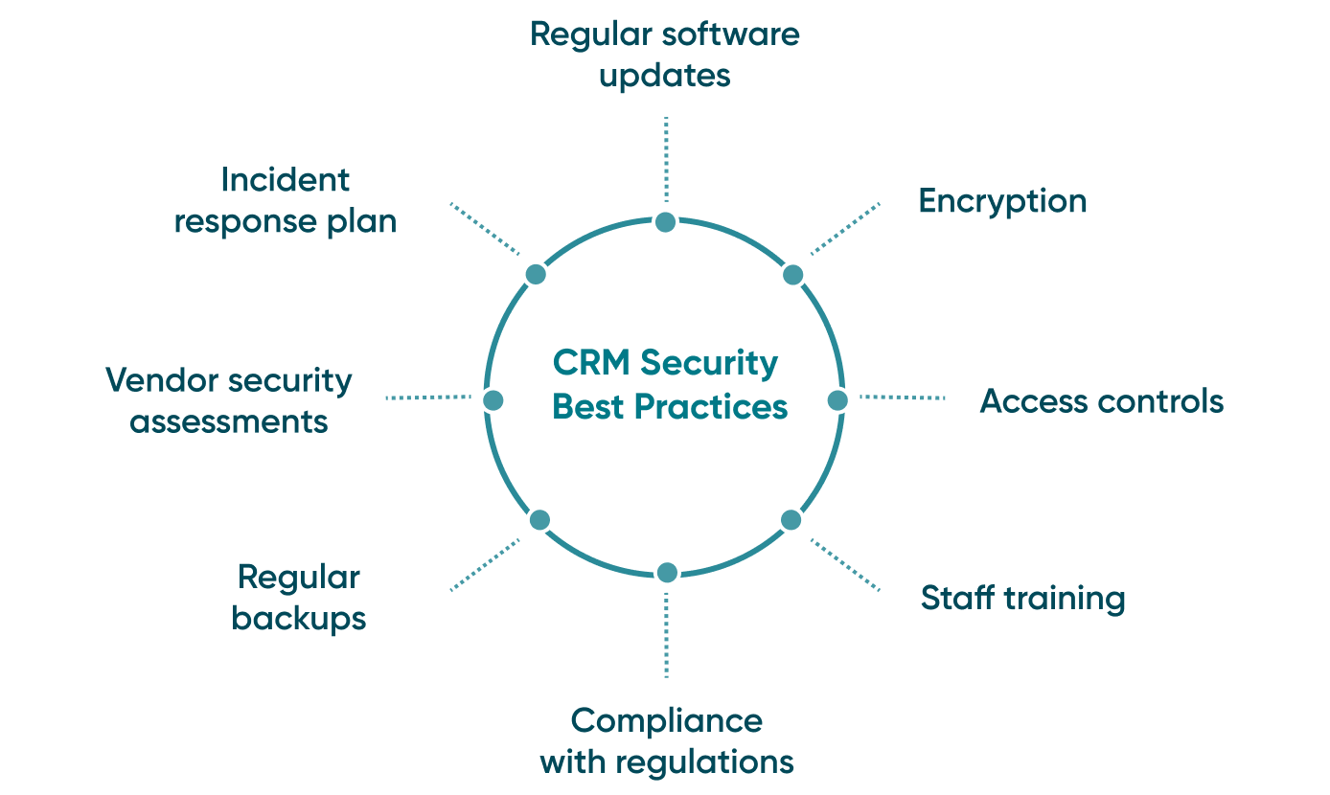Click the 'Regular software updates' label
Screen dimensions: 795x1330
pos(665,55)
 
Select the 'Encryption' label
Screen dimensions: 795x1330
pos(1002,201)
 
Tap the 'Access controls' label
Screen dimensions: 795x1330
pos(1102,400)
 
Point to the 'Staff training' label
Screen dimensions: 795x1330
pos(1022,598)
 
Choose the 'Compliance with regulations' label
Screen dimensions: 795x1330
pos(667,741)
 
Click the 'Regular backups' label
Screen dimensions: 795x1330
pos(299,598)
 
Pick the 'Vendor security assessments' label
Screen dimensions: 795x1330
pos(229,400)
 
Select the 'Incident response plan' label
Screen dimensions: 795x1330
pos(286,200)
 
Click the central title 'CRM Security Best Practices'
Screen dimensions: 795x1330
pos(670,385)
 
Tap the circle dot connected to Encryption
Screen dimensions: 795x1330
pos(792,275)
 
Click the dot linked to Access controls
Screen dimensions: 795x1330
pos(837,400)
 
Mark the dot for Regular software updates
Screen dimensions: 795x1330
pos(666,222)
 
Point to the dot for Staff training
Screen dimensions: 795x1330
pos(791,520)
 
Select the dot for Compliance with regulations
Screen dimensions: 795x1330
pos(667,573)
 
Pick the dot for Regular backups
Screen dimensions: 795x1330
pos(539,520)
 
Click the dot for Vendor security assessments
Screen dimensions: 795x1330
pos(493,400)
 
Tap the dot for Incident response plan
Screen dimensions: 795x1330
pos(537,275)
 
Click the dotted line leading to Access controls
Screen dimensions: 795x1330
pos(902,397)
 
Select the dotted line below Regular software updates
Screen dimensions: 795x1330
pos(666,158)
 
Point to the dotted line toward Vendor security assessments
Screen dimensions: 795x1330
pos(427,397)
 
